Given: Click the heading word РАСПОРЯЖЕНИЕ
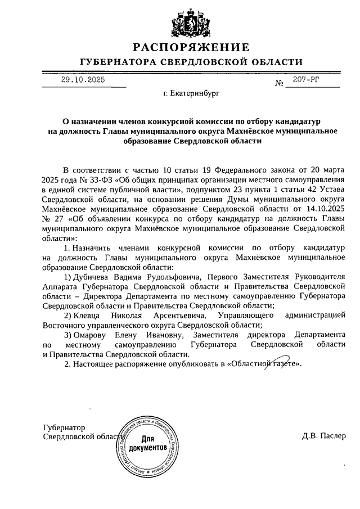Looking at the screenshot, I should pyautogui.click(x=190, y=47).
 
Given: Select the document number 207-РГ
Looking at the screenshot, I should pyautogui.click(x=305, y=80).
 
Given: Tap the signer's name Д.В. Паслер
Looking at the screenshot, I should pyautogui.click(x=324, y=436).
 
